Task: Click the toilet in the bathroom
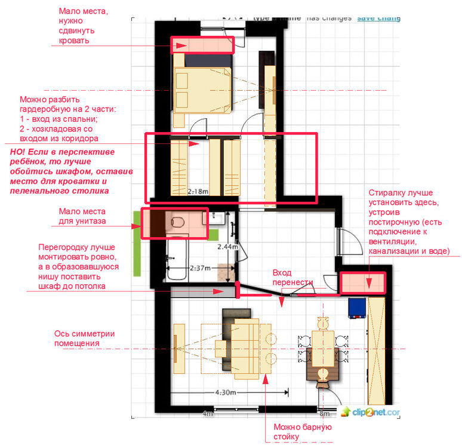click(x=178, y=222)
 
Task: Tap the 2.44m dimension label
click(x=227, y=247)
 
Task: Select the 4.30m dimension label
click(x=226, y=392)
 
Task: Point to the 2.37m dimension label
click(x=200, y=268)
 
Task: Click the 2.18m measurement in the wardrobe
click(x=198, y=191)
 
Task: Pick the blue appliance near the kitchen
click(x=357, y=308)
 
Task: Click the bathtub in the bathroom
click(x=177, y=258)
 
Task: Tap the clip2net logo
click(x=370, y=412)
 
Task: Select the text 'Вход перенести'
click(x=292, y=277)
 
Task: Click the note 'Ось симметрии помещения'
click(x=84, y=338)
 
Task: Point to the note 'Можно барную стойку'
click(x=303, y=431)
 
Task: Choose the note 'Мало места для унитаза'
click(x=82, y=216)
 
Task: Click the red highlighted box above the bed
click(x=202, y=45)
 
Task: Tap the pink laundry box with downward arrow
click(x=363, y=283)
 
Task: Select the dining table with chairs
click(x=324, y=352)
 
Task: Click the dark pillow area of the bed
click(x=208, y=60)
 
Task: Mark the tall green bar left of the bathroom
click(x=137, y=244)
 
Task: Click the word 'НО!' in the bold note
click(x=19, y=152)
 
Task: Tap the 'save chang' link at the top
click(x=378, y=19)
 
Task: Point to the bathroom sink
click(x=217, y=218)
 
